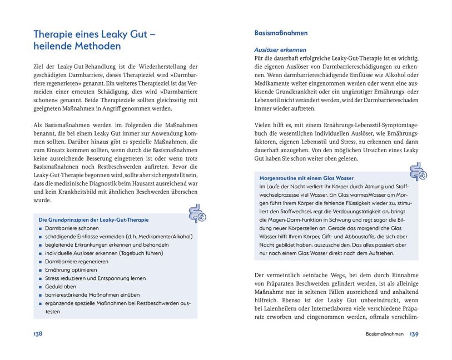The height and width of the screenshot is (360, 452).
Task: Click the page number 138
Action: [x=38, y=334]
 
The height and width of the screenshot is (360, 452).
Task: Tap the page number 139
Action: [x=414, y=334]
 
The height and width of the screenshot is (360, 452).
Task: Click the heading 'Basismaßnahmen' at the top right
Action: [x=281, y=33]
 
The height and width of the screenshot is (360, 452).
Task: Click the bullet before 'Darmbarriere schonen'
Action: [x=41, y=228]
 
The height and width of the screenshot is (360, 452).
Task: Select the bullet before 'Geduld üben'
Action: [x=41, y=287]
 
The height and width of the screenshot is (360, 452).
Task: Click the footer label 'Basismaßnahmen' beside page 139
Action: [x=384, y=334]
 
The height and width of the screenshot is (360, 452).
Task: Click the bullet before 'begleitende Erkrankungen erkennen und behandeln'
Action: [x=41, y=245]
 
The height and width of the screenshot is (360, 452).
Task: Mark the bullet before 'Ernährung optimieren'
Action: [x=41, y=270]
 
